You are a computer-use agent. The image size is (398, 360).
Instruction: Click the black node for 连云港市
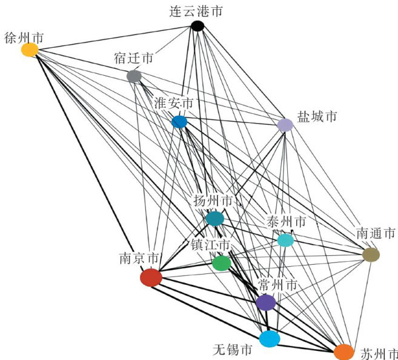197,25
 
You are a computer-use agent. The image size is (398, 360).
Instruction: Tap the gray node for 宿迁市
134,76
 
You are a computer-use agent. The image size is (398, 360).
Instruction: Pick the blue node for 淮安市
179,122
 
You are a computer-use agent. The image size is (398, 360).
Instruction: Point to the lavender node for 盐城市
285,125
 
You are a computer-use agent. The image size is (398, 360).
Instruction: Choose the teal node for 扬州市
214,218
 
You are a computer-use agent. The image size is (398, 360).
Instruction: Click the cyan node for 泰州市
285,240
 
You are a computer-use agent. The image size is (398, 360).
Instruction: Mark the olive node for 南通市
371,255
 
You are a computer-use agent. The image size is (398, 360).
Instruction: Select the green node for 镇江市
222,263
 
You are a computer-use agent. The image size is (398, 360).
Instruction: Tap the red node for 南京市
151,278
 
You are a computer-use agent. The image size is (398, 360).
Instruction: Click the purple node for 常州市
266,302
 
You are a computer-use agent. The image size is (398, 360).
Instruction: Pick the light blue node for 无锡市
269,338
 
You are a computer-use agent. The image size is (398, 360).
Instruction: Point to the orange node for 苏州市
343,352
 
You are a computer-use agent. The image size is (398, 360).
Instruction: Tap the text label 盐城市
317,116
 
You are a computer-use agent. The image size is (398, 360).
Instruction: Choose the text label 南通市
376,233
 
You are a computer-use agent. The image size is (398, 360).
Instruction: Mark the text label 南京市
140,258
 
